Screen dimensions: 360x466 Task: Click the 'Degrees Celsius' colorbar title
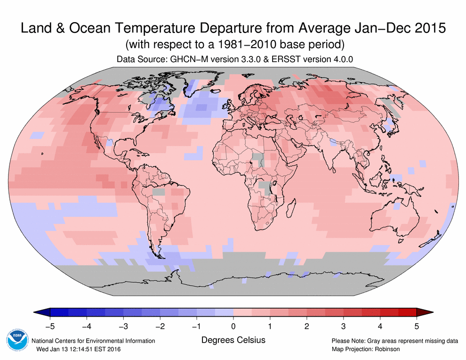point(233,340)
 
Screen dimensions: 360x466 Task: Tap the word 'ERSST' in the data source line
point(281,59)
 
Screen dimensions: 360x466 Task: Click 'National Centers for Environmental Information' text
point(93,341)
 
